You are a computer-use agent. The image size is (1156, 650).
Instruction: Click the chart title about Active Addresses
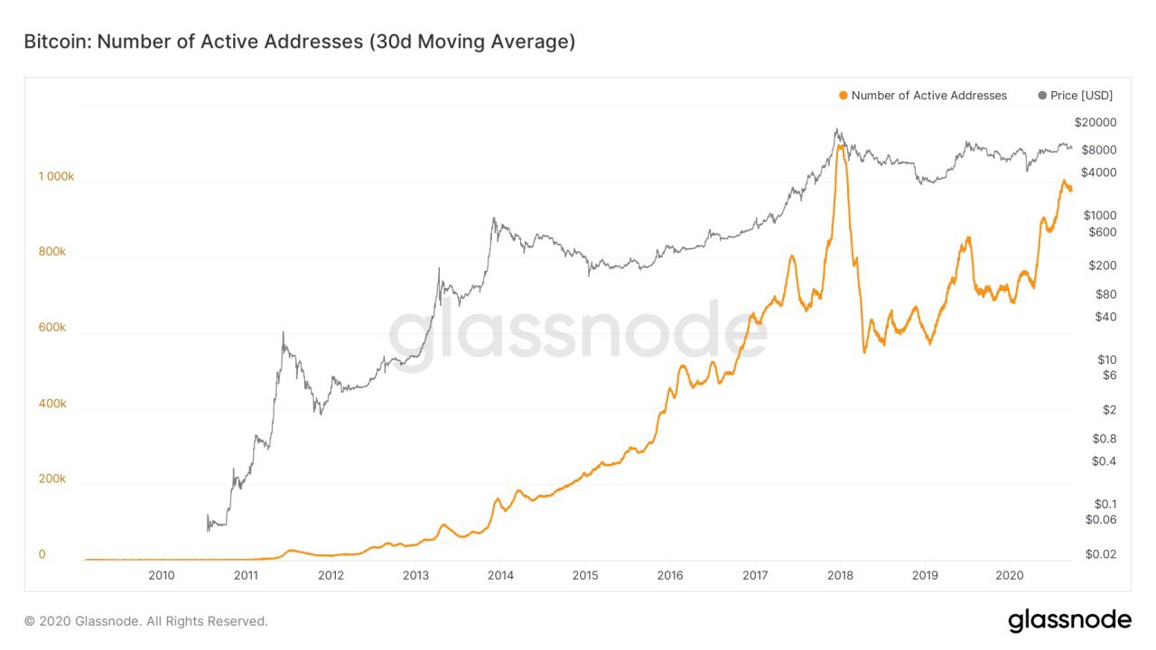point(299,42)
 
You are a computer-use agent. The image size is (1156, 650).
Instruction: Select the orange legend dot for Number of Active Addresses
point(843,95)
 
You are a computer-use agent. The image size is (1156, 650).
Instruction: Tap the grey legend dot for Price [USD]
point(1043,95)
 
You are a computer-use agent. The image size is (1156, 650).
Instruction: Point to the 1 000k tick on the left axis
point(56,177)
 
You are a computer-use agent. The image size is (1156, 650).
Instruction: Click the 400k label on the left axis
point(52,404)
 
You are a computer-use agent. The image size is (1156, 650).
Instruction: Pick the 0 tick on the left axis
point(42,554)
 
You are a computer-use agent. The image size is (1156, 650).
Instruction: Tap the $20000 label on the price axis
point(1095,123)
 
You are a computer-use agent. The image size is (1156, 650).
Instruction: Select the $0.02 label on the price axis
point(1101,554)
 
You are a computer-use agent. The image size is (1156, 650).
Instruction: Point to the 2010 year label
point(161,575)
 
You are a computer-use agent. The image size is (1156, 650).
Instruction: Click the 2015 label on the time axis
point(585,575)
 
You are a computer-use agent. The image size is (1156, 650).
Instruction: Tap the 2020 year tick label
point(1009,575)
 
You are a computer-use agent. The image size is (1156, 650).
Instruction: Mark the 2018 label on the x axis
point(840,575)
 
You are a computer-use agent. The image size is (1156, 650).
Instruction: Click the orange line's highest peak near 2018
point(841,144)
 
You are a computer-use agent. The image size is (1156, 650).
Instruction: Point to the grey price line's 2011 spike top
point(283,332)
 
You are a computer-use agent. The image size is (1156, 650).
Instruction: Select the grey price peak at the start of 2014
point(493,218)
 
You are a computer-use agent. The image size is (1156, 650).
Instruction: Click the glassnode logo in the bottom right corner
point(1069,620)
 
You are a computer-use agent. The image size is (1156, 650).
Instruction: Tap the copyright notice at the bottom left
point(146,621)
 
